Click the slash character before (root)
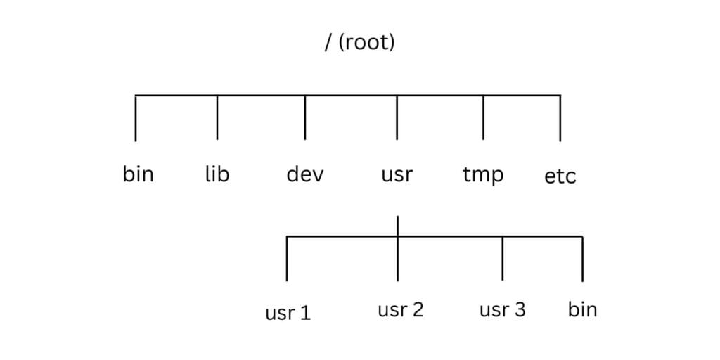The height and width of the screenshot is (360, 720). click(x=327, y=44)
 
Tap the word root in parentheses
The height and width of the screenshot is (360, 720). click(x=366, y=44)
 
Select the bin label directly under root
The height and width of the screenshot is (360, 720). click(x=138, y=174)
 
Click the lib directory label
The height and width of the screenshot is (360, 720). click(x=217, y=174)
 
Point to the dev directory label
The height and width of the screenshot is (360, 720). click(x=305, y=174)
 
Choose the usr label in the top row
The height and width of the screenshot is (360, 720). click(x=397, y=174)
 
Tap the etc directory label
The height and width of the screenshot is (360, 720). click(x=560, y=176)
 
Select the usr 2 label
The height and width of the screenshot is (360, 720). click(x=400, y=309)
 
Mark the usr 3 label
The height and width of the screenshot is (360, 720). click(x=502, y=309)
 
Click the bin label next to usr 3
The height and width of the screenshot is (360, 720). click(x=582, y=309)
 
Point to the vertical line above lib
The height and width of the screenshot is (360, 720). click(x=217, y=117)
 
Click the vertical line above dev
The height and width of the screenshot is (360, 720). click(x=305, y=117)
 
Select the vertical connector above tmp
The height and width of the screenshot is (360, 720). click(x=483, y=117)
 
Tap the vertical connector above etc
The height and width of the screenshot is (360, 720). click(x=560, y=118)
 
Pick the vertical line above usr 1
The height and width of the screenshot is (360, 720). click(x=288, y=259)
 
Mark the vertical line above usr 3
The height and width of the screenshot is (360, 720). click(x=503, y=259)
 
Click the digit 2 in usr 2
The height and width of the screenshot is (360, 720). click(x=418, y=309)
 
